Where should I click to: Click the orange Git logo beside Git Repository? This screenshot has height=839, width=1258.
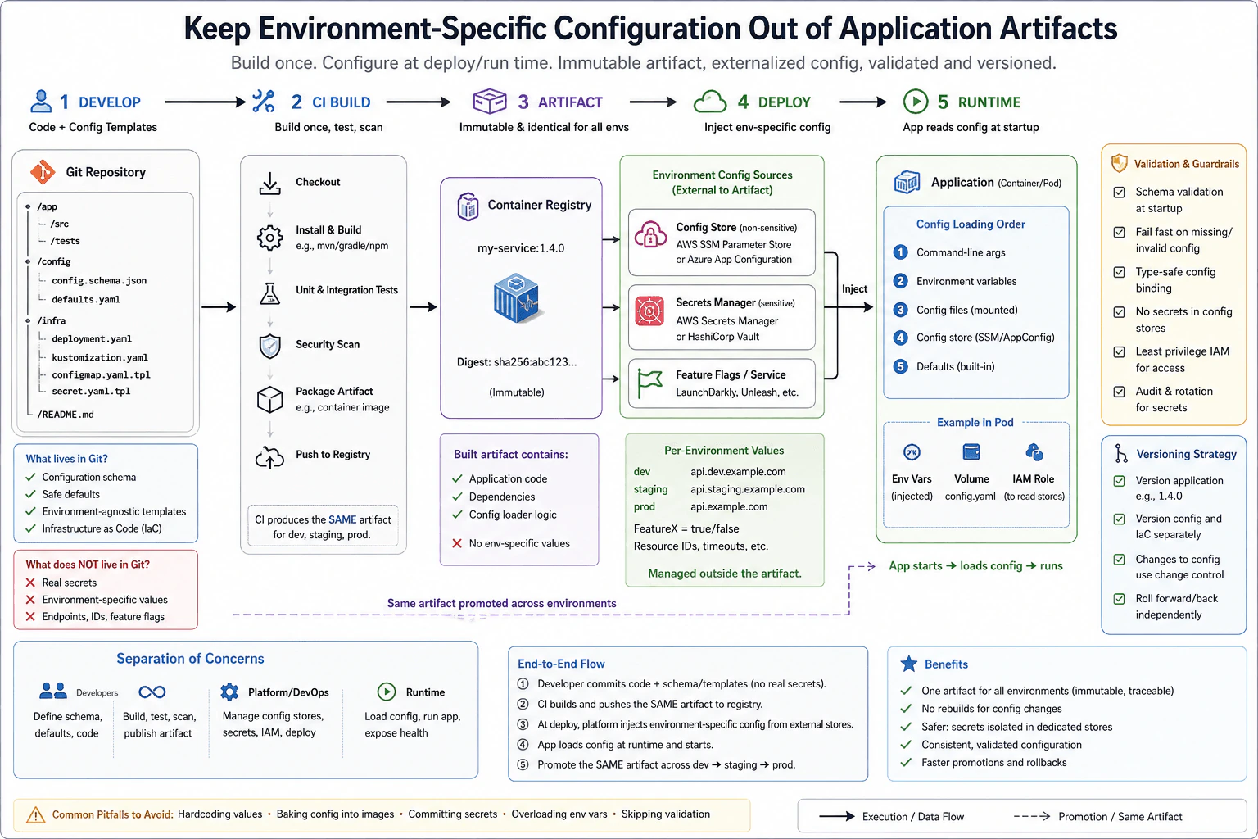(x=43, y=172)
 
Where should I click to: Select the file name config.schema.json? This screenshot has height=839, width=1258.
(x=99, y=280)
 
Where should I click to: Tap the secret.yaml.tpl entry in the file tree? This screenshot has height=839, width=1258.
(x=91, y=391)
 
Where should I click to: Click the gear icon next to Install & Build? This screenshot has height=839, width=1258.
(x=269, y=238)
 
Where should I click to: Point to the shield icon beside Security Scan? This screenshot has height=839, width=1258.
(x=269, y=346)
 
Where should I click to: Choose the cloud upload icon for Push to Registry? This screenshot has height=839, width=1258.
(x=269, y=457)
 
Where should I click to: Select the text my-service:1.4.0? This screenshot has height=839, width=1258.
(x=521, y=247)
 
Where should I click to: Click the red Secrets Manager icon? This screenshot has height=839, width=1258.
(x=649, y=311)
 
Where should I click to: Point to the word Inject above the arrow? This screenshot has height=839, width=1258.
(x=854, y=289)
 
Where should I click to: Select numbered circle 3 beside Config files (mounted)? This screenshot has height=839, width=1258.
(x=900, y=310)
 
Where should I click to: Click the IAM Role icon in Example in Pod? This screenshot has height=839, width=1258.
(x=1034, y=451)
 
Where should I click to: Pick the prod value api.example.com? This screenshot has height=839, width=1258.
(x=729, y=506)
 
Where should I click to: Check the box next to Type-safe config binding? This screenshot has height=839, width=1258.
(x=1120, y=272)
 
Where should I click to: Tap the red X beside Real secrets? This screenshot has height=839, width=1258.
(x=30, y=583)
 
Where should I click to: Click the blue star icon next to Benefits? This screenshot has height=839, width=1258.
(x=908, y=664)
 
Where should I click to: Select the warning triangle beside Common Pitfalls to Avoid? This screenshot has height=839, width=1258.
(x=35, y=814)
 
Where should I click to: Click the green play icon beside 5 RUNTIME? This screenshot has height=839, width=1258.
(x=916, y=102)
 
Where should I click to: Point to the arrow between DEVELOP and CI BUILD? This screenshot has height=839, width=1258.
(x=206, y=102)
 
